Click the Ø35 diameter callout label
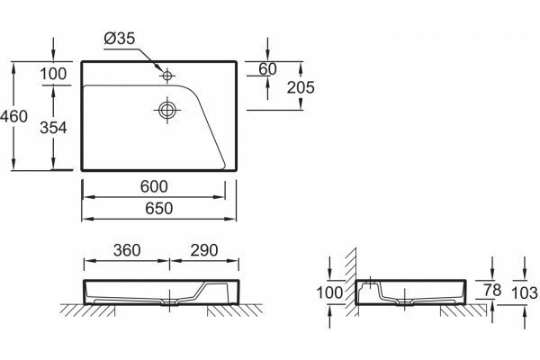(119, 38)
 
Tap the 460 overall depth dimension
(13, 116)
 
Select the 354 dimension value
(53, 128)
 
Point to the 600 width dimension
(154, 186)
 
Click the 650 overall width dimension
(158, 209)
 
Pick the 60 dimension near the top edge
(267, 69)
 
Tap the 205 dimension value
(301, 87)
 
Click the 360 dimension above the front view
(127, 250)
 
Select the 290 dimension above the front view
(204, 250)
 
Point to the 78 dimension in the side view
(492, 290)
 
